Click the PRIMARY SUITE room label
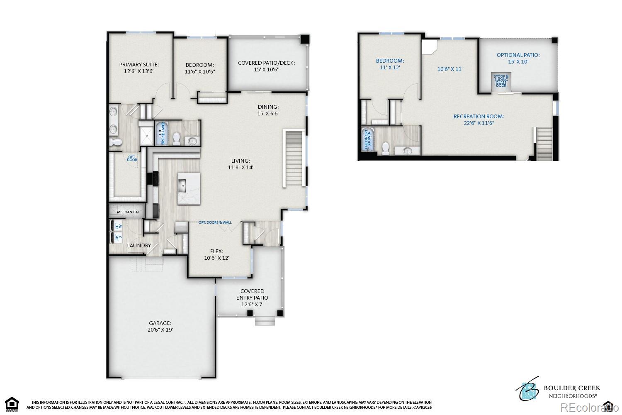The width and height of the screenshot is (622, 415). click(x=139, y=64)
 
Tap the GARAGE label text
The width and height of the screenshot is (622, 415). click(x=160, y=323)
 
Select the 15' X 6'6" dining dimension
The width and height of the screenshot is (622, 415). click(x=268, y=113)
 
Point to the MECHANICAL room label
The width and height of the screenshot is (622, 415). click(x=128, y=212)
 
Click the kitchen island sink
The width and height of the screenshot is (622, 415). click(x=182, y=187)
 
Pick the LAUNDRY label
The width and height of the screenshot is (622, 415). click(x=139, y=245)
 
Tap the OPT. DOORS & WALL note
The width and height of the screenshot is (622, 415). click(x=215, y=222)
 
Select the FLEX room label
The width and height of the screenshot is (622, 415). click(x=216, y=251)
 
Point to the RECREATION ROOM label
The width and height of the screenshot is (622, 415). click(x=479, y=117)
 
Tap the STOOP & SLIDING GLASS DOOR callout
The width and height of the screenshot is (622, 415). click(x=501, y=81)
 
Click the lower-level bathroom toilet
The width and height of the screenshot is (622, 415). click(x=386, y=148)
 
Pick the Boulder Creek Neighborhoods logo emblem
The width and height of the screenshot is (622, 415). click(x=528, y=389)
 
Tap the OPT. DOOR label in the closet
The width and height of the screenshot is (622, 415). click(x=132, y=158)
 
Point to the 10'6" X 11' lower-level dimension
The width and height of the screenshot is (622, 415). click(x=449, y=69)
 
